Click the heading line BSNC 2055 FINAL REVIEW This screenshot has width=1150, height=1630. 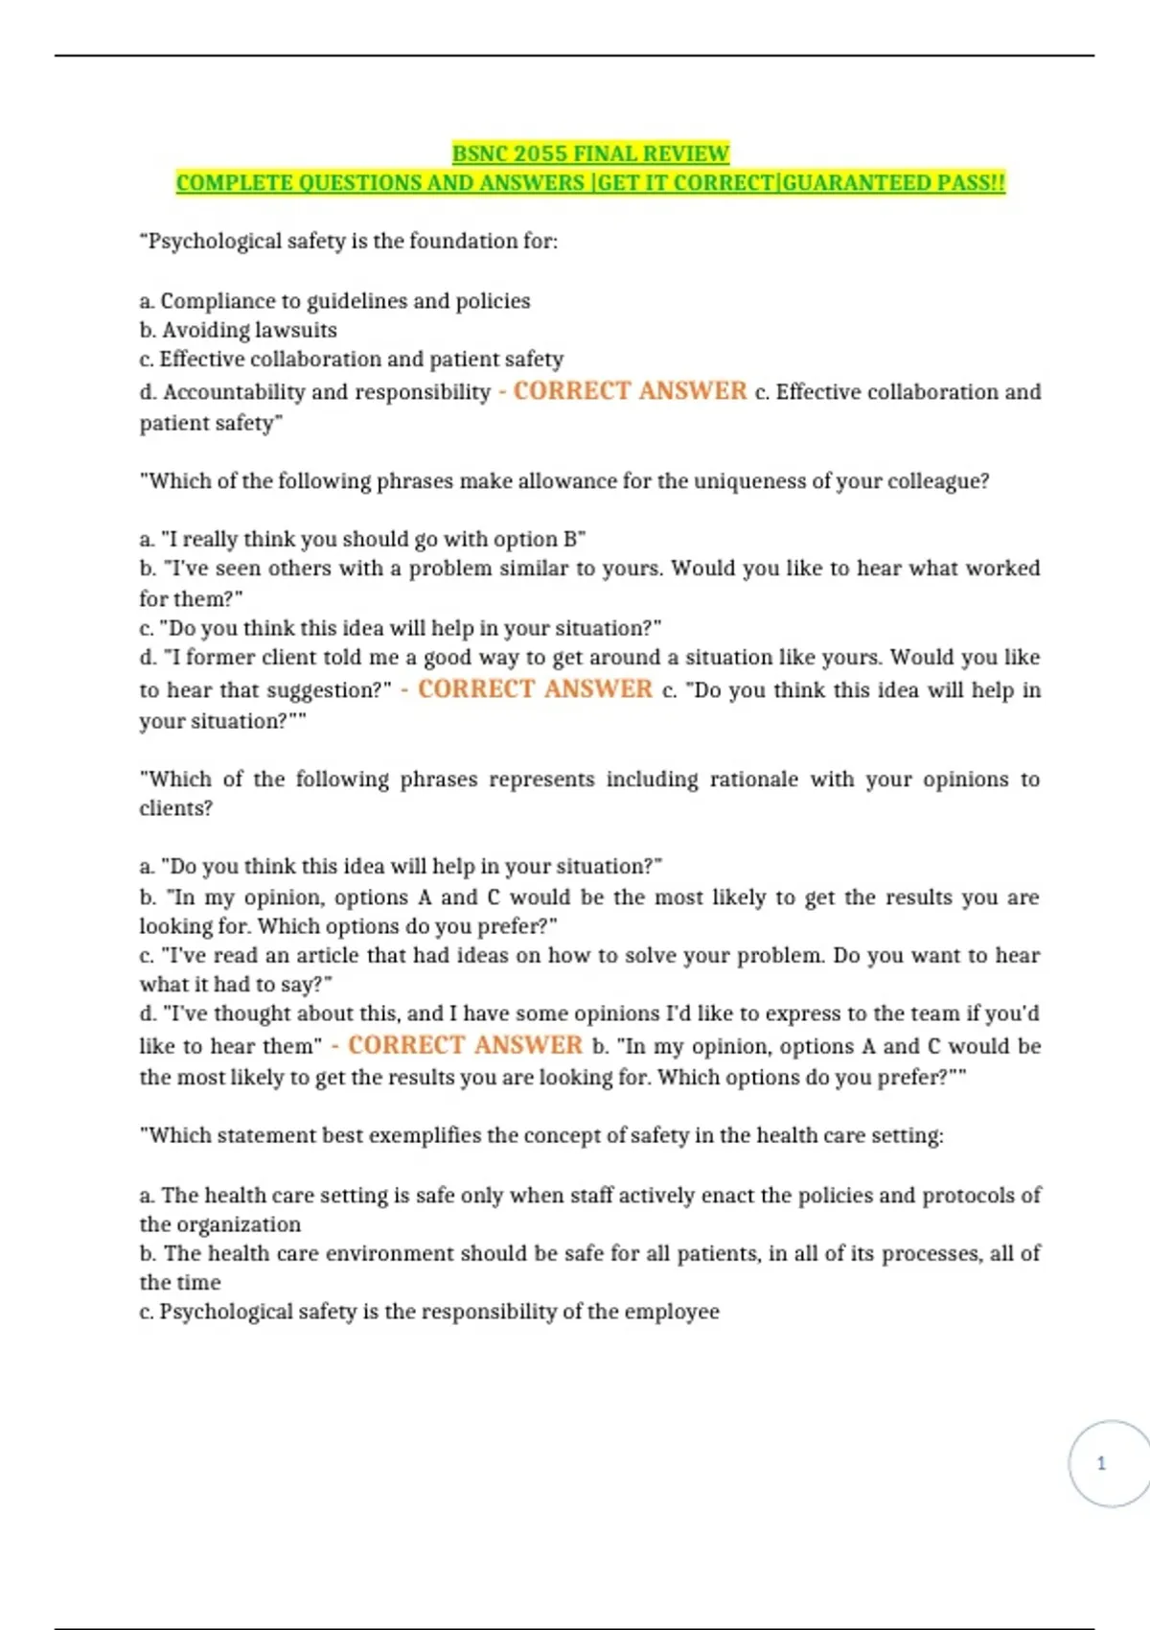click(590, 153)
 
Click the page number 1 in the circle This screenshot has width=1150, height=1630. click(1101, 1463)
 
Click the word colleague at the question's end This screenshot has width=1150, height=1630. click(938, 480)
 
